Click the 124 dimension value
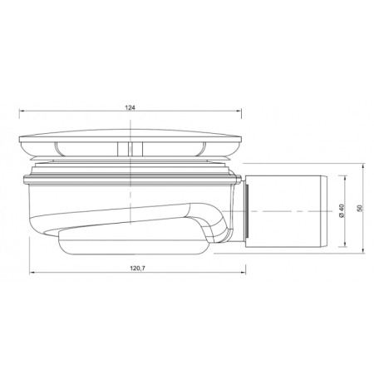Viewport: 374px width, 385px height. coord(130,107)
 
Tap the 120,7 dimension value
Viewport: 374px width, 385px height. coord(138,268)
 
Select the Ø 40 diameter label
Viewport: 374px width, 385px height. coord(342,211)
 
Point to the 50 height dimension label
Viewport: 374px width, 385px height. coord(360,208)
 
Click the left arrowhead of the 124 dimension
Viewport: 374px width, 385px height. coord(22,111)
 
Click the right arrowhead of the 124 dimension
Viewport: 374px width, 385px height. coord(239,111)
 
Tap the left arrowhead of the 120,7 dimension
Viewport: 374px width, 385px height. coord(32,273)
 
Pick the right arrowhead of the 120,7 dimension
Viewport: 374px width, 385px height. coord(244,273)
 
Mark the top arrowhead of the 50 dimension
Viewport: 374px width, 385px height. coord(363,165)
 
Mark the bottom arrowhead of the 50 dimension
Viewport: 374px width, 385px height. coord(363,250)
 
